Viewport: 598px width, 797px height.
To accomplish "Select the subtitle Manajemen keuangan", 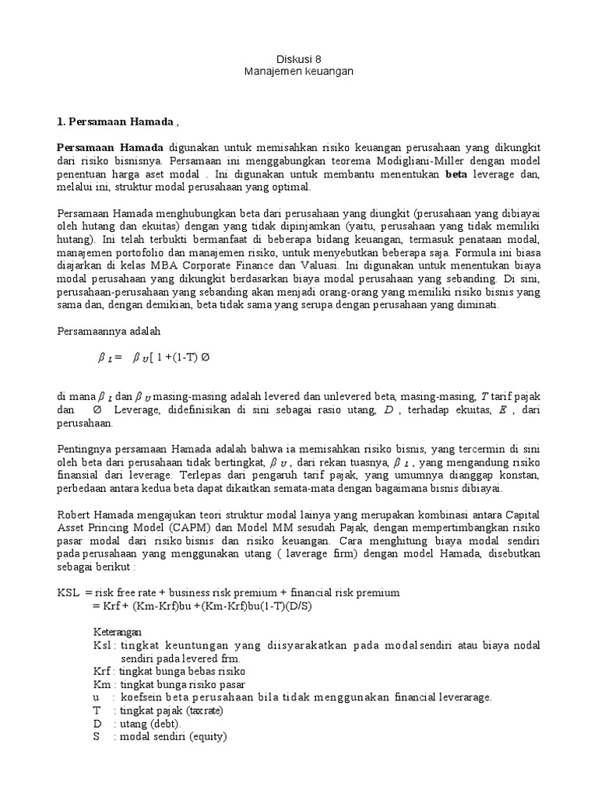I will click(x=298, y=71).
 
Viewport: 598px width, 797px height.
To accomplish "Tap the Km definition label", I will click(x=103, y=684).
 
